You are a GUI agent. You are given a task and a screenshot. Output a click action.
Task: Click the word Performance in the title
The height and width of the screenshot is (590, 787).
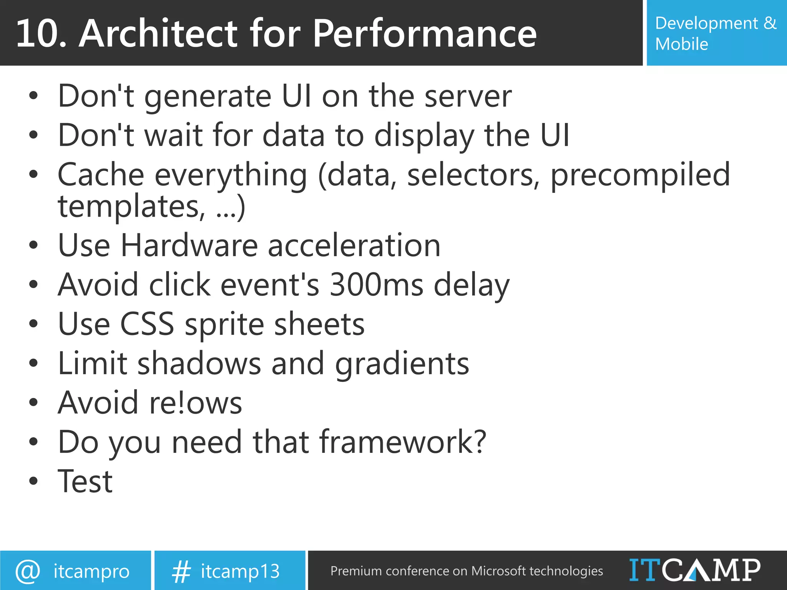pos(425,34)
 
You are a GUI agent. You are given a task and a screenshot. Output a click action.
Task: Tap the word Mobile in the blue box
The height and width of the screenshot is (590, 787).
pos(681,44)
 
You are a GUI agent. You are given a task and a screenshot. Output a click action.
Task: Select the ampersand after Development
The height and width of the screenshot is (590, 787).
pos(770,23)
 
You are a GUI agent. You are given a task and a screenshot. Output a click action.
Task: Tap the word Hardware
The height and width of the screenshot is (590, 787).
pos(189,246)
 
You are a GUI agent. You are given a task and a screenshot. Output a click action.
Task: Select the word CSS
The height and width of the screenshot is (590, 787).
pos(147,324)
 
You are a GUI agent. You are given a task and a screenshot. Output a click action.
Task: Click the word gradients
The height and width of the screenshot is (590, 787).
pos(402,364)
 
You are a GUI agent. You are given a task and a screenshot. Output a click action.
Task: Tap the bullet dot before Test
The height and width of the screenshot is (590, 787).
pos(34,481)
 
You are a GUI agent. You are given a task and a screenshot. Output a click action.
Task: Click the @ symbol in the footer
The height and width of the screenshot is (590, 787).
pos(28,571)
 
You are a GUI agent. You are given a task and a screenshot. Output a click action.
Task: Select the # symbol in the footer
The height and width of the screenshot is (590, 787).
pos(181,571)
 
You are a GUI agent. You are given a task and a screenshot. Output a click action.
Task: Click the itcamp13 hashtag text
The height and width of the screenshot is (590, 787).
pos(240,571)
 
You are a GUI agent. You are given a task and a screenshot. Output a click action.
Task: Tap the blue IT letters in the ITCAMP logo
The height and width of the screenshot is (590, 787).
pos(645,570)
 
